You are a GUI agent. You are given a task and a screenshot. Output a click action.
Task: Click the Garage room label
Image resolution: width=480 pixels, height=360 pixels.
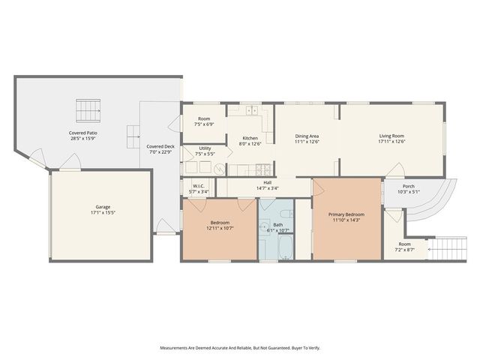click(103, 208)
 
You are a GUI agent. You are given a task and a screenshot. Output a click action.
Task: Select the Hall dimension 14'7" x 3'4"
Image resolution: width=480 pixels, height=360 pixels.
click(268, 188)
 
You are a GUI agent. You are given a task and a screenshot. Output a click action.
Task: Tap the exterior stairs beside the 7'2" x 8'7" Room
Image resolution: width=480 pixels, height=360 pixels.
click(447, 246)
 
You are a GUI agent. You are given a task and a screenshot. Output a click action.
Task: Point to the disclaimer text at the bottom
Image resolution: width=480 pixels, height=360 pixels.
click(240, 348)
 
